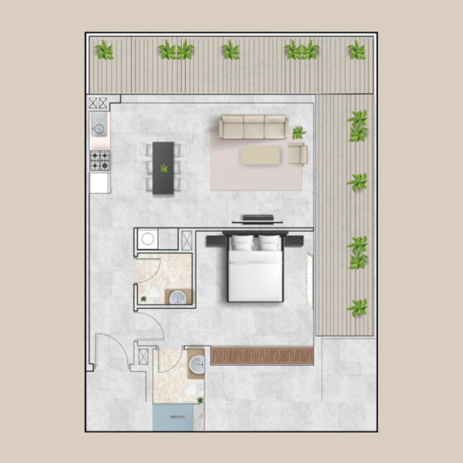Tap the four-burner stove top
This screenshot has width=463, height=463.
[100, 160]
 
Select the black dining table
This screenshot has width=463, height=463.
[164, 168]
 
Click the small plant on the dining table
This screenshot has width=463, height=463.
[164, 168]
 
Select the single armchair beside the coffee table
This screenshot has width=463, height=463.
[297, 155]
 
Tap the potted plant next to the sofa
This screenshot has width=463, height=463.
[299, 133]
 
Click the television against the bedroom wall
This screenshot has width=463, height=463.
[258, 219]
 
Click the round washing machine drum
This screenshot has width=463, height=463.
[148, 239]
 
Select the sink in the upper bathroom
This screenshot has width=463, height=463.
[177, 297]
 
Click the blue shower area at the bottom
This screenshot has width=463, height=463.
[172, 418]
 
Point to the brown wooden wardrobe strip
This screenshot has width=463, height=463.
[262, 355]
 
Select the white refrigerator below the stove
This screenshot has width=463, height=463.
[100, 183]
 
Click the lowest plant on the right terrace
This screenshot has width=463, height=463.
[358, 307]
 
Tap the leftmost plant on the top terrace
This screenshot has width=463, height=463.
[105, 50]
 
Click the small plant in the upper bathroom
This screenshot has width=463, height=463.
[144, 299]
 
